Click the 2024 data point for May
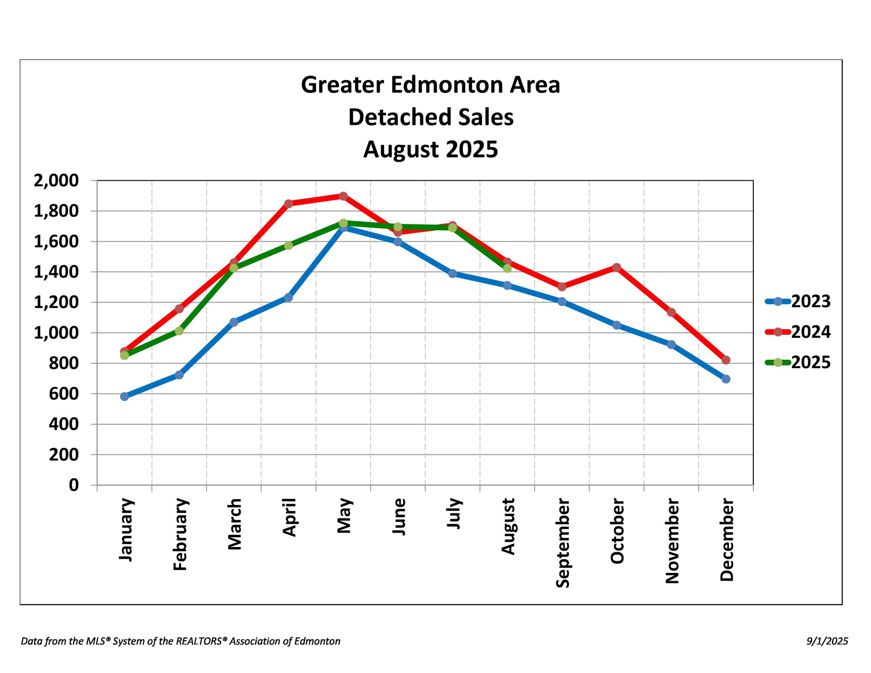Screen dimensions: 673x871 (343, 196)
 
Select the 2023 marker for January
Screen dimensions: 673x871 (125, 396)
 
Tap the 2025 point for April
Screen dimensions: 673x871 (288, 246)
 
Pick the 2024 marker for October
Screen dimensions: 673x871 (617, 267)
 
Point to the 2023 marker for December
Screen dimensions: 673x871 (726, 379)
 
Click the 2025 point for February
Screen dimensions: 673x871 (179, 331)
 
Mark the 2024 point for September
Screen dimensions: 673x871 (562, 287)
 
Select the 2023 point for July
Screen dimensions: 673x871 (452, 274)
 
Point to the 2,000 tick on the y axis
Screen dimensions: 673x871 (56, 180)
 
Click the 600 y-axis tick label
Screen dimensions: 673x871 (64, 394)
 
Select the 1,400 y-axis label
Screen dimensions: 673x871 (56, 272)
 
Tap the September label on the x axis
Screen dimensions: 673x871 (563, 543)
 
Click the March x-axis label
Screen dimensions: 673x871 (235, 524)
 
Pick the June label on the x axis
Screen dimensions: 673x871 (399, 517)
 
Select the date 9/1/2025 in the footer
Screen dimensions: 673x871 (827, 641)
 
